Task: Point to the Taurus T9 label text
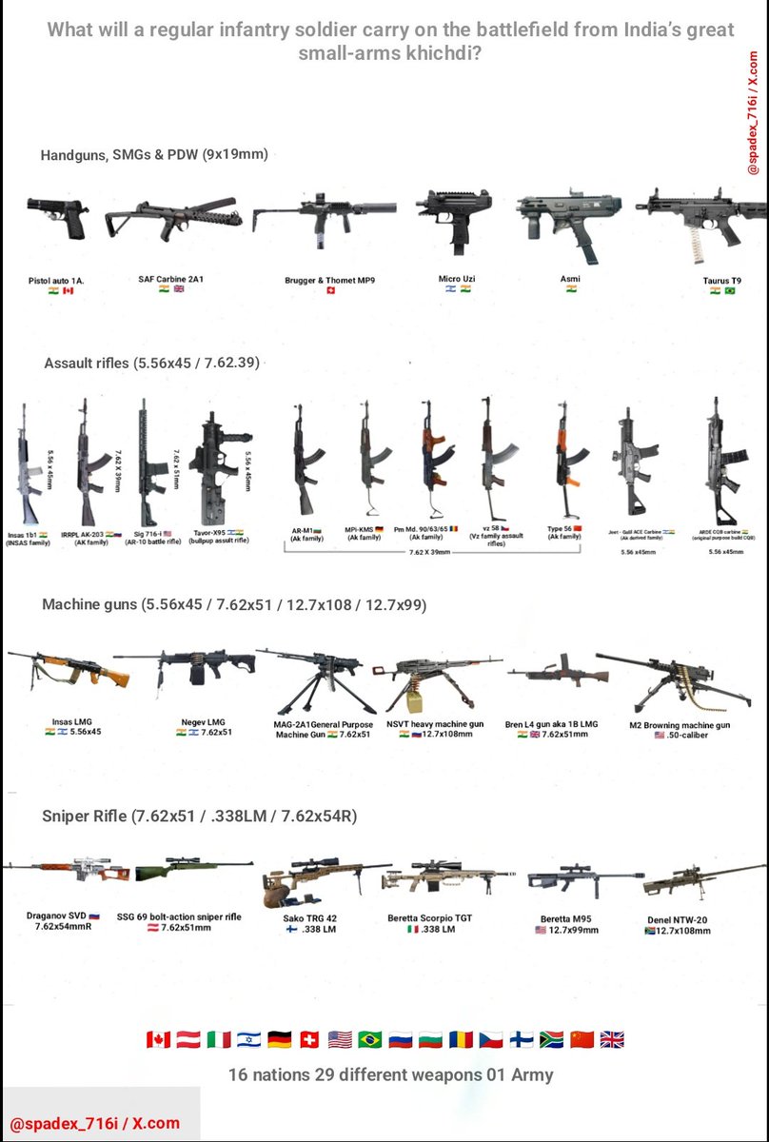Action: click(722, 280)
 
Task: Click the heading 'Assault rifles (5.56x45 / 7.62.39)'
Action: click(151, 363)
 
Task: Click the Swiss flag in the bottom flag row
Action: click(307, 1039)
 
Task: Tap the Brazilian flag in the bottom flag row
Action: click(368, 1039)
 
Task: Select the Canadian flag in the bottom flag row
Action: click(158, 1039)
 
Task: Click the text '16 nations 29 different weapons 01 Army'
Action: click(390, 1075)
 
